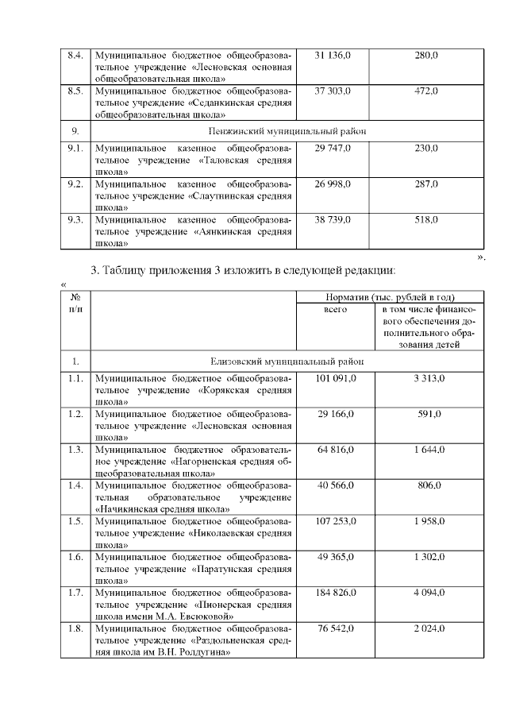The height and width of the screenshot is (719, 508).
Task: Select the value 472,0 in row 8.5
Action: tap(426, 91)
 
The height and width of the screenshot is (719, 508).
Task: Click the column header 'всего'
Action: tap(336, 309)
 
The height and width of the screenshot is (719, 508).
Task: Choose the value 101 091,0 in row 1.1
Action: tap(336, 379)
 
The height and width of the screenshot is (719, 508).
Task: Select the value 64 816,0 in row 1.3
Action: tap(336, 450)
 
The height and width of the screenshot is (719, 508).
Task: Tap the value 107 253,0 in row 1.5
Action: tap(336, 521)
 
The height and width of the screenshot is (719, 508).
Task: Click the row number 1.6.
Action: tap(76, 557)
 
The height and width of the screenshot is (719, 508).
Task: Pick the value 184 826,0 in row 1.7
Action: tap(336, 593)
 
